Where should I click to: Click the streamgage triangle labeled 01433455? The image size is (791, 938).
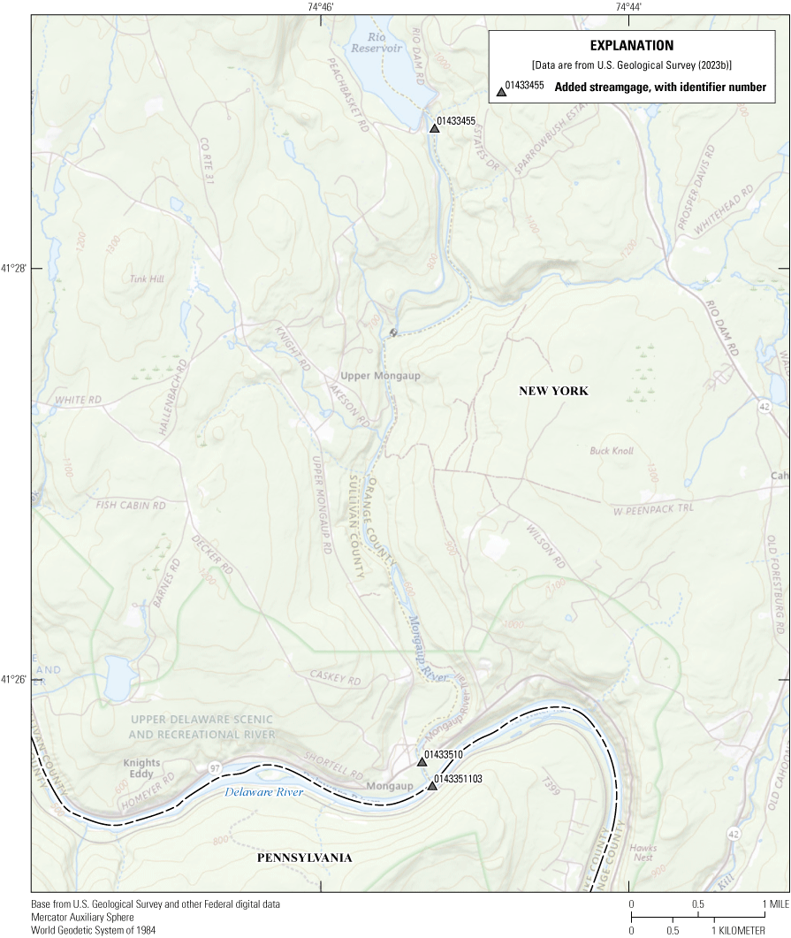click(434, 129)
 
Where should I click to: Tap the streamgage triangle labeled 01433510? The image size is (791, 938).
click(422, 761)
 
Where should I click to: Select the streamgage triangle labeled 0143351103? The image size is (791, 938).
click(432, 785)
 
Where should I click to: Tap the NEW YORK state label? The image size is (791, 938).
click(553, 391)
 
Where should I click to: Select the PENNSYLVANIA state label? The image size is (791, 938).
click(304, 858)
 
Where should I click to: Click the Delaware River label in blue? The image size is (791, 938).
click(263, 792)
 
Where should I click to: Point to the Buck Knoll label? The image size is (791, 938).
click(612, 451)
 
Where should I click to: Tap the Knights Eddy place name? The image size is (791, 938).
click(141, 768)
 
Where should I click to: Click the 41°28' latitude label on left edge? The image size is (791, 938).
click(13, 268)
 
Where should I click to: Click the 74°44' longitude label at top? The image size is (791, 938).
click(628, 7)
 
